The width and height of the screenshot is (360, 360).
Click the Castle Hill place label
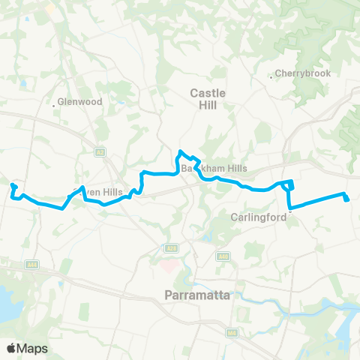point(202,99)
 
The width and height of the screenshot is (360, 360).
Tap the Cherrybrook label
point(297,73)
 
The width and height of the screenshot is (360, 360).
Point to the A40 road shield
point(224,256)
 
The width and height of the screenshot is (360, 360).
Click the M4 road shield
point(229,331)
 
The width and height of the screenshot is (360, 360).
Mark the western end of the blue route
point(12,185)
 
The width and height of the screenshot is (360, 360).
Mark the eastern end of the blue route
point(346,199)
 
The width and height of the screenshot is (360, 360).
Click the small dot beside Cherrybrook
point(271,75)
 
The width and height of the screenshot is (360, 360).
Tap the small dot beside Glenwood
point(54,105)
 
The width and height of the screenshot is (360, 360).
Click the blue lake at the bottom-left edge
point(9,307)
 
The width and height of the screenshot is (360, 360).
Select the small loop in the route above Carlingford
point(290,185)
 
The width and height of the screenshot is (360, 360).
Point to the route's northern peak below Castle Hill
point(180,154)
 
